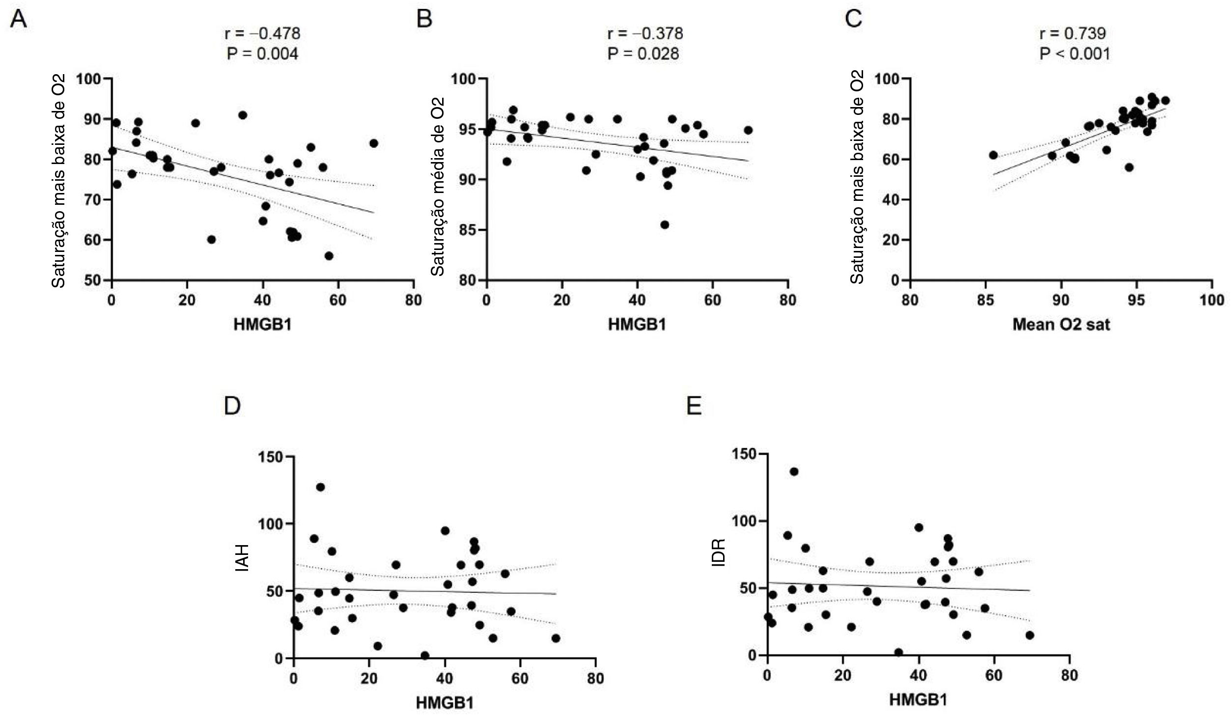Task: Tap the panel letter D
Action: coord(232,407)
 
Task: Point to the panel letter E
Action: coord(694,407)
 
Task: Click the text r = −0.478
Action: coord(262,33)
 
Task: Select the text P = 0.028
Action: coord(643,53)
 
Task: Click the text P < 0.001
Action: coord(1074,53)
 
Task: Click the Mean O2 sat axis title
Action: coord(1061,325)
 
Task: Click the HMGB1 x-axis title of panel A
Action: coord(262,325)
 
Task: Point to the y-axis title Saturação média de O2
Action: coord(437,187)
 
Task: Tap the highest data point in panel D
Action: coord(320,487)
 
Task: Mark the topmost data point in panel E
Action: coord(794,472)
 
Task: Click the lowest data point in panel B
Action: coord(665,225)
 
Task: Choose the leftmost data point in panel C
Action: coord(993,155)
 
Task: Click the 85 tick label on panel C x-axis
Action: coord(985,300)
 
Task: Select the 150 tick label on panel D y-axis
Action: coord(271,457)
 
